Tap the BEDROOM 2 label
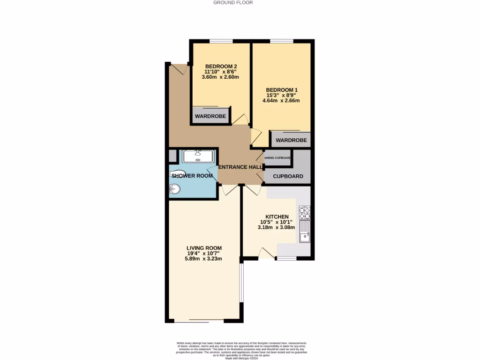[221, 66]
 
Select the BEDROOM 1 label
[282, 90]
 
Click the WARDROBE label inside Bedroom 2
[210, 116]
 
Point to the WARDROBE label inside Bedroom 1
[291, 140]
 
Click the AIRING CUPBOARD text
[277, 158]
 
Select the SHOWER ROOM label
[192, 176]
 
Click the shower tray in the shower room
[198, 155]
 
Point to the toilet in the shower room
[176, 172]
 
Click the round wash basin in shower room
[174, 189]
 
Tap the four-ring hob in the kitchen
[304, 213]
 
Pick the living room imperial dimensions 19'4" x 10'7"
[204, 253]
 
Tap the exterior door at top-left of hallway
[179, 69]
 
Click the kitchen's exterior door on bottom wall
[267, 253]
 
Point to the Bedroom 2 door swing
[241, 119]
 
